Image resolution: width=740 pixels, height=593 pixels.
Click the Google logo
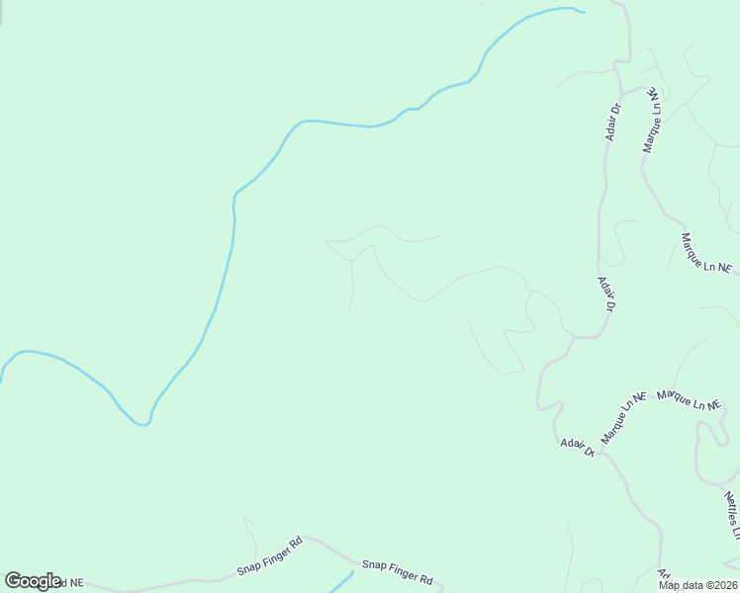[33, 581]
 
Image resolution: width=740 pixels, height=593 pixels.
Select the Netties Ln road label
[731, 515]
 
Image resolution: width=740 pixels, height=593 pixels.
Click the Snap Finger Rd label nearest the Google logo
[269, 556]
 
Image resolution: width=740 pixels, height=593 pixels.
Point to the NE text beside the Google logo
[74, 583]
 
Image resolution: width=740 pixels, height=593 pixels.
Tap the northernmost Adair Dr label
[613, 122]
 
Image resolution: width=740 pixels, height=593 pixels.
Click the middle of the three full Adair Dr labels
[606, 295]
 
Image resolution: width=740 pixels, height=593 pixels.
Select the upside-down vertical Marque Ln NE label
[652, 120]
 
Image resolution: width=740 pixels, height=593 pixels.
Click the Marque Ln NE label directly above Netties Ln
[692, 401]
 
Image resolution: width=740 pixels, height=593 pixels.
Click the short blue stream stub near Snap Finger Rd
[341, 582]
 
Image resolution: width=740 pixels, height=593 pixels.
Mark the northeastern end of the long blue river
[582, 12]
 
